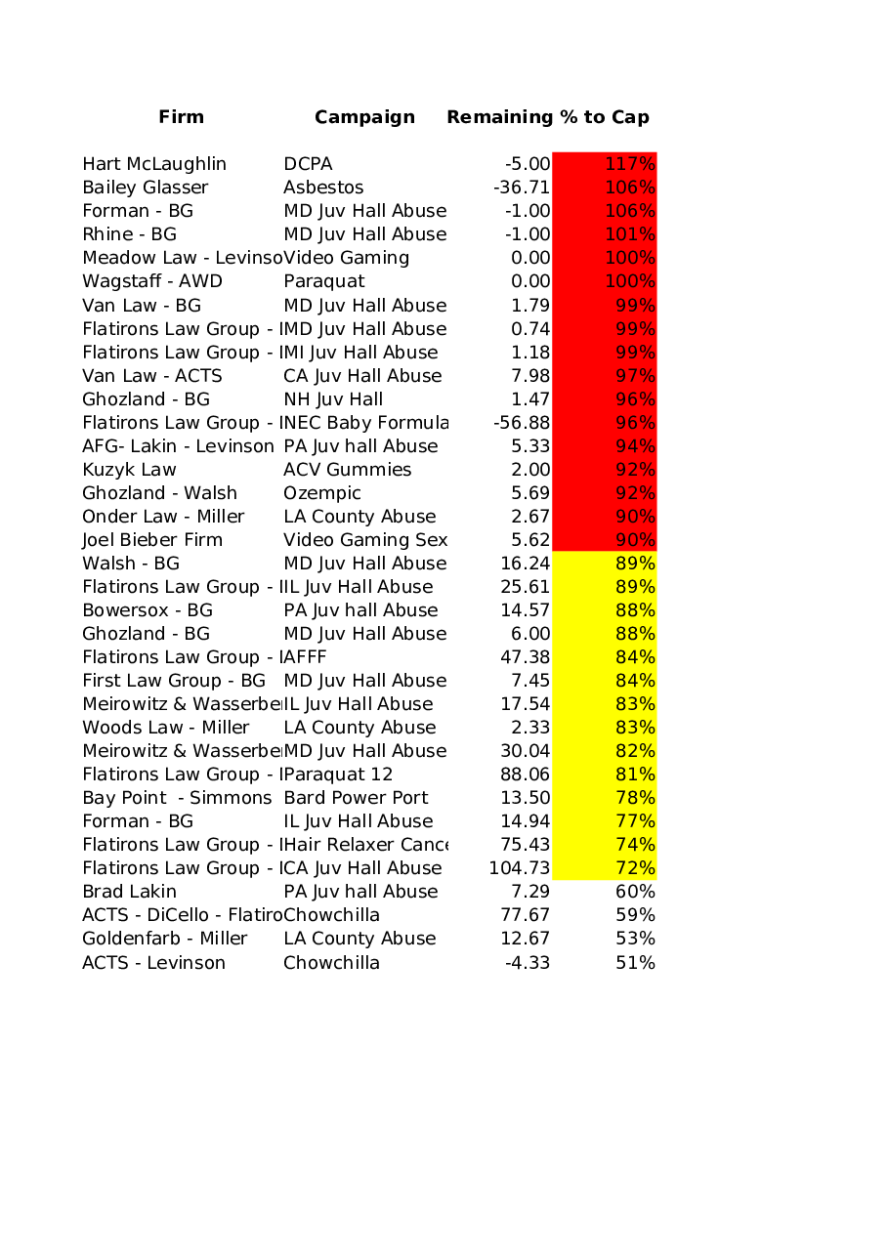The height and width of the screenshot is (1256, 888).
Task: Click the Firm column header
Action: point(182,117)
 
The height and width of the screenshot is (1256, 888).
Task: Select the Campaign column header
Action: point(364,117)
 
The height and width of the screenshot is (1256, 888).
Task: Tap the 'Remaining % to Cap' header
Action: point(547,117)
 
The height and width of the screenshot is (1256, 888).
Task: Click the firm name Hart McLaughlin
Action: point(154,164)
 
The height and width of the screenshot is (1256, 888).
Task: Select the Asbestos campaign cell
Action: point(323,188)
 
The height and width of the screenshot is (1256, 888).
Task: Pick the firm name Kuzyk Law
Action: point(129,470)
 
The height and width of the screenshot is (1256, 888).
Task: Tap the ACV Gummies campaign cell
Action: point(347,470)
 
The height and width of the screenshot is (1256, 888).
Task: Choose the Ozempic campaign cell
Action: point(322,493)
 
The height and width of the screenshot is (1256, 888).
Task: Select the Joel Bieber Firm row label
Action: point(152,540)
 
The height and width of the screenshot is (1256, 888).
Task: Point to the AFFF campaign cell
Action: point(305,657)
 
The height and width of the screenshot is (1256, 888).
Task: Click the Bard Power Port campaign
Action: point(356,798)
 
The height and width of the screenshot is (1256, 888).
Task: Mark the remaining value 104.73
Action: point(520,868)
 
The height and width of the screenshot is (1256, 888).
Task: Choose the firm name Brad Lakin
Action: point(130,892)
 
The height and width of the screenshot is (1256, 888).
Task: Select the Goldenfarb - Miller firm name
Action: point(164,939)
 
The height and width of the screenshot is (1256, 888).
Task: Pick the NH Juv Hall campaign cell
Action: point(333,399)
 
